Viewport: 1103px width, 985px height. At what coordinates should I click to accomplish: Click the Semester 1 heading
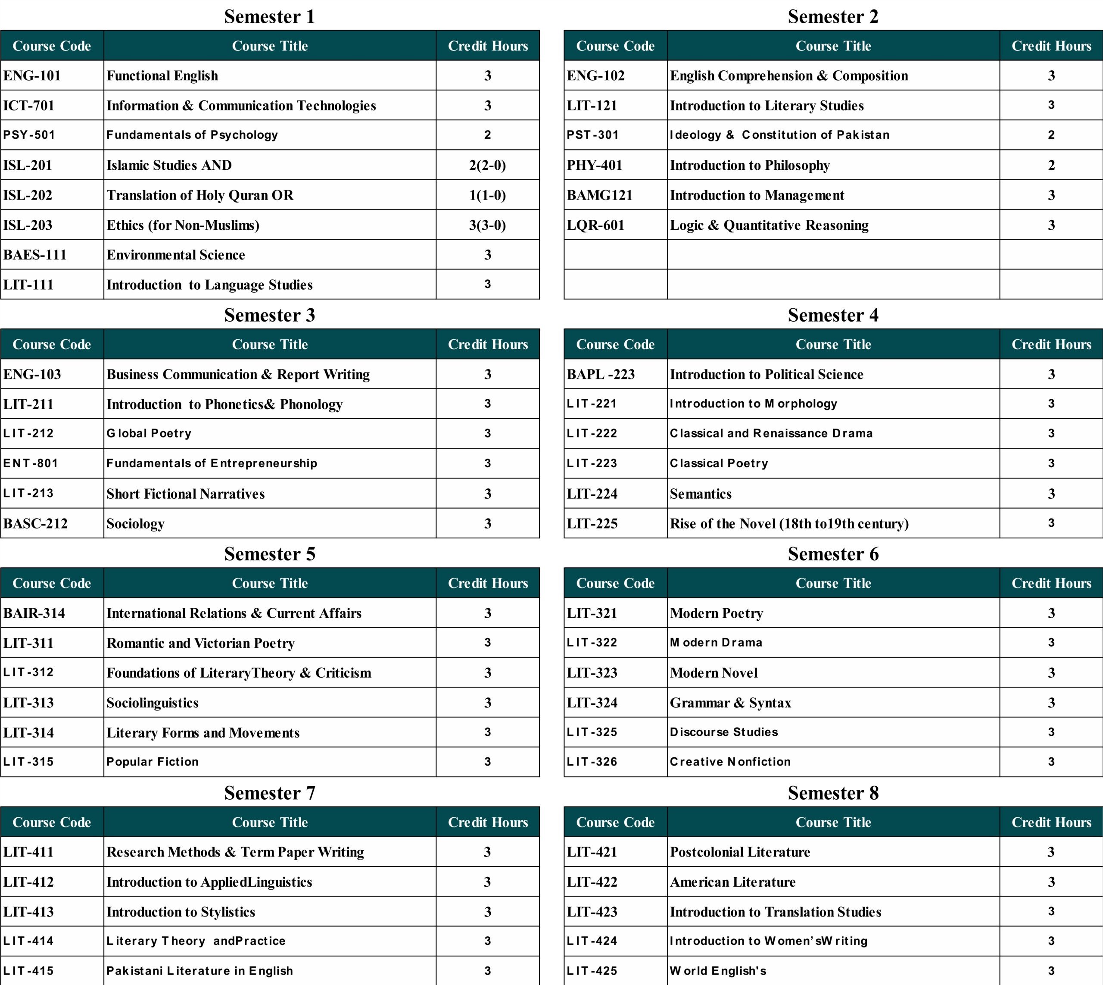click(269, 17)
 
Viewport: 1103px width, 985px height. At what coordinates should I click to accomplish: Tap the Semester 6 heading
click(833, 554)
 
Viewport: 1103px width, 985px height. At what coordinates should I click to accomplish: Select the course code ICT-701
click(29, 106)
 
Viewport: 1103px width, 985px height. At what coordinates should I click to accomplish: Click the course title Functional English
click(162, 76)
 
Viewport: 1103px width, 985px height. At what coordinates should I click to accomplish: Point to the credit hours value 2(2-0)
click(487, 165)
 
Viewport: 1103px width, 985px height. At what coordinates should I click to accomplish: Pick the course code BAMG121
click(599, 195)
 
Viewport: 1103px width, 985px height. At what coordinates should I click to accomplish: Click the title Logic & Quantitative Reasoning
click(769, 225)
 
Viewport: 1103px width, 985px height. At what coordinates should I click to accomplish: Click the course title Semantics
click(701, 494)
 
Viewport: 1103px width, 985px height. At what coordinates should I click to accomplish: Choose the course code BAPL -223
click(601, 375)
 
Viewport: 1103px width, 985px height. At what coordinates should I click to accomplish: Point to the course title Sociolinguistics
click(153, 703)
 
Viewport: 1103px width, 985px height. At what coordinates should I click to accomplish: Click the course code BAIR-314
click(34, 613)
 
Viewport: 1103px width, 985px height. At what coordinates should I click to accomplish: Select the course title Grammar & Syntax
click(730, 703)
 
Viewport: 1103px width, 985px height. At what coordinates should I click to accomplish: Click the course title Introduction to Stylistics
click(181, 912)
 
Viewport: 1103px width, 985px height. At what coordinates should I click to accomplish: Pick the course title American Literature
click(732, 882)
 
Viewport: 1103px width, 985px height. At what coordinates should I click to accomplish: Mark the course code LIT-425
click(592, 971)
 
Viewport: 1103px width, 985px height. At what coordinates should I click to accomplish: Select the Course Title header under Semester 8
click(833, 822)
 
